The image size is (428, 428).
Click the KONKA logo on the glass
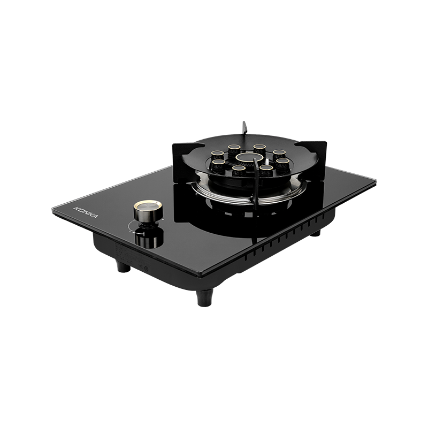[x=86, y=212]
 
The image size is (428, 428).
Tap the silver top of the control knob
[x=148, y=205]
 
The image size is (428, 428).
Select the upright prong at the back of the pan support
[x=244, y=127]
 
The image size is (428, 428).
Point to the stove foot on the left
[x=124, y=266]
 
